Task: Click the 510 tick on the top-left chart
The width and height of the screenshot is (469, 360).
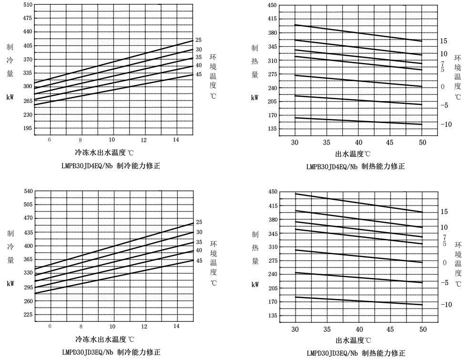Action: click(28, 5)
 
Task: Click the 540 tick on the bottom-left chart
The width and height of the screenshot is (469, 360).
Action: click(28, 191)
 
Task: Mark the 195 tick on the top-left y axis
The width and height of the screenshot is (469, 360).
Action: click(28, 128)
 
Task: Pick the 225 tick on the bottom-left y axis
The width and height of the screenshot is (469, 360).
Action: click(28, 315)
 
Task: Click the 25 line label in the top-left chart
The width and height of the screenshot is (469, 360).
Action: click(199, 40)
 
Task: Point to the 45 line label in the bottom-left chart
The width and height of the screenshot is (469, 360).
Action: click(199, 260)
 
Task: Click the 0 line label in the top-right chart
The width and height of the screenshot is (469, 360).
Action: click(442, 87)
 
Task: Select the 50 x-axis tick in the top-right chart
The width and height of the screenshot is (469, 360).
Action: click(422, 142)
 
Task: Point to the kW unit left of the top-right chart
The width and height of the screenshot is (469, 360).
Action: click(255, 97)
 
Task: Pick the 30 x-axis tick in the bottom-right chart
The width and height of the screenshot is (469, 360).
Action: click(295, 329)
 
